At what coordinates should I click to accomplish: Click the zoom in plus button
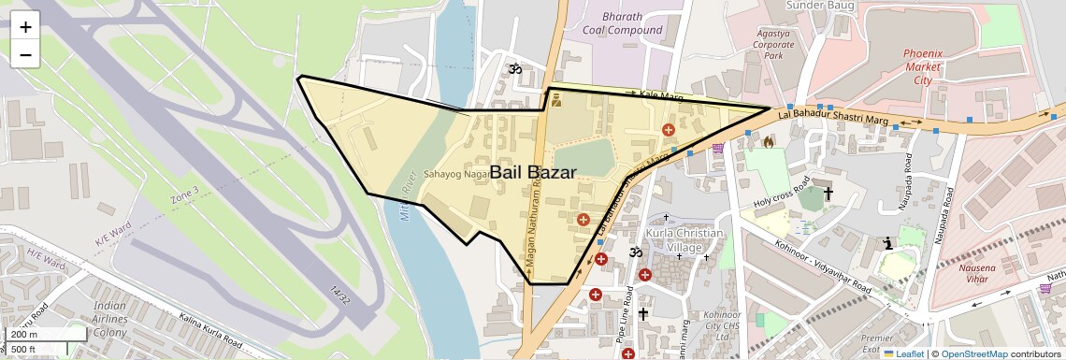(25, 27)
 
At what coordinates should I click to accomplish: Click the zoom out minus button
(25, 54)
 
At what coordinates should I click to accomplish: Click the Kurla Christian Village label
(683, 239)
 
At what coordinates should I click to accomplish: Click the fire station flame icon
(768, 142)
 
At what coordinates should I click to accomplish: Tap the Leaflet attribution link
(904, 353)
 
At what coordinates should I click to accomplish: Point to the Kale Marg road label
(662, 95)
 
